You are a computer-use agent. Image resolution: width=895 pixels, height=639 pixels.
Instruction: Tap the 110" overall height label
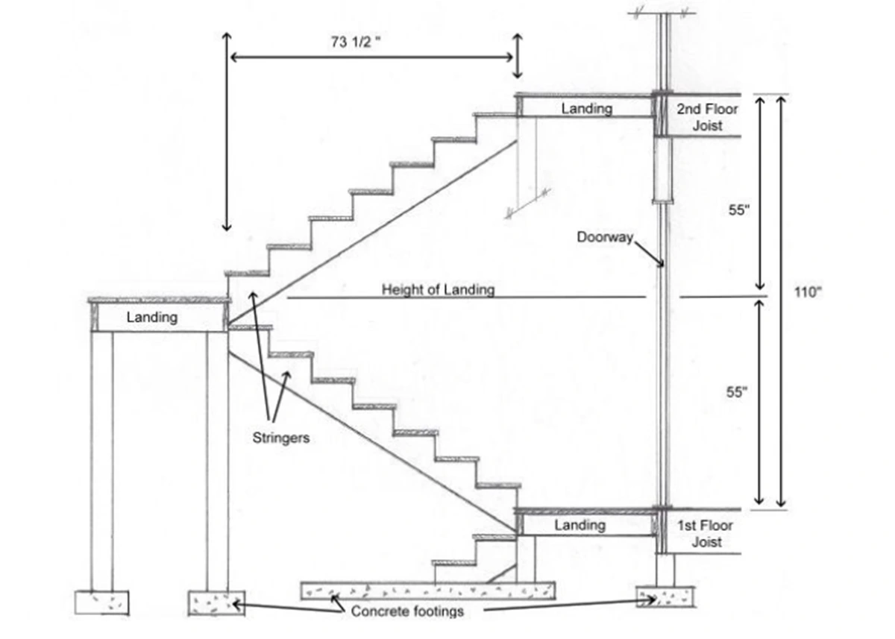pos(808,291)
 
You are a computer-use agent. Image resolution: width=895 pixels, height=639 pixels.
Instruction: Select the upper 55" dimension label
pos(738,210)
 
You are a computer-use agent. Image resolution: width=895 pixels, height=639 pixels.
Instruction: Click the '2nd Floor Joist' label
pos(707,118)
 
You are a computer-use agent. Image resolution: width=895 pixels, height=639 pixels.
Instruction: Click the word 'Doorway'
pos(604,238)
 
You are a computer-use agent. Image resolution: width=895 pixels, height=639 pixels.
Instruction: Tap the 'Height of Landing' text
pos(438,289)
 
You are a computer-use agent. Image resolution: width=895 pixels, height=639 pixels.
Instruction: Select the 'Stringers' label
pos(280,438)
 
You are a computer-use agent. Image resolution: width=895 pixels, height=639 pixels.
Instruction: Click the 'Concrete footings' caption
pos(407,611)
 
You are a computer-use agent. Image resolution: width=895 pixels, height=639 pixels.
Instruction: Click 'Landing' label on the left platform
pos(152,317)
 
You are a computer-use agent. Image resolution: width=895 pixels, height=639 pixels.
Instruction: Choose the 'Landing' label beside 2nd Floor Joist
pos(586,109)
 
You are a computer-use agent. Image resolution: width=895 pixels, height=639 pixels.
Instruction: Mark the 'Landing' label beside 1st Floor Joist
pos(580,525)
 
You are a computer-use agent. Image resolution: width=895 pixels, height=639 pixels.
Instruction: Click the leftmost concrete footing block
pos(102,602)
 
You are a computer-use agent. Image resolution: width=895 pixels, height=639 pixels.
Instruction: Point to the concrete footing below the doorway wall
pos(665,597)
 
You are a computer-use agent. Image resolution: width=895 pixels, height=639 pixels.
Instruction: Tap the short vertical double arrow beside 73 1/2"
pos(517,55)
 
